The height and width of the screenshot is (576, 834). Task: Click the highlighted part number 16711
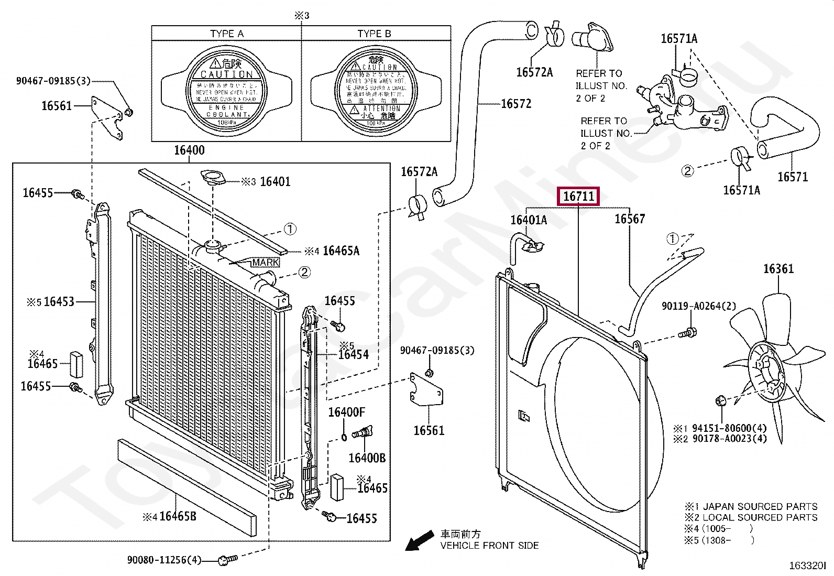tap(578, 197)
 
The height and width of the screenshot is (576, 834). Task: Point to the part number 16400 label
tap(189, 150)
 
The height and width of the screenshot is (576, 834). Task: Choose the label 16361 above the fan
tap(778, 269)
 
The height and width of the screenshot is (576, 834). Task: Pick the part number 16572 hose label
tap(515, 104)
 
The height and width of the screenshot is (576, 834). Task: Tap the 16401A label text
tap(528, 220)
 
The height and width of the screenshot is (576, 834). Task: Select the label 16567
tap(629, 219)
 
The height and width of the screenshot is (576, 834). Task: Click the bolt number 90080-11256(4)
tap(164, 560)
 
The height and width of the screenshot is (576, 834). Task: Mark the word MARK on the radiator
tap(265, 262)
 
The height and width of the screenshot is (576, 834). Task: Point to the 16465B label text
tap(178, 517)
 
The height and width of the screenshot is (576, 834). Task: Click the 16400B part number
tap(367, 458)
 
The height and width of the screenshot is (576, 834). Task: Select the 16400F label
tap(346, 412)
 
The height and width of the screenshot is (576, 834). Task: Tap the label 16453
tap(59, 302)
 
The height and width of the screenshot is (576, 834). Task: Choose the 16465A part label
tap(341, 251)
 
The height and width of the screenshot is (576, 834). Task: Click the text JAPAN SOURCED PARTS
tap(760, 506)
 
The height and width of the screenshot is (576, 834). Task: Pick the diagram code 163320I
tap(807, 566)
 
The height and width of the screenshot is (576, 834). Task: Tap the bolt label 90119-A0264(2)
tap(698, 306)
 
